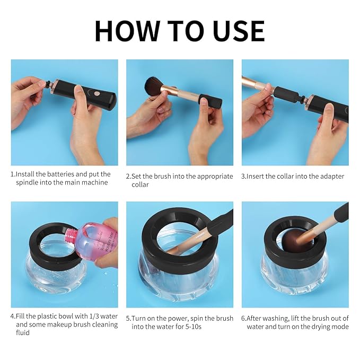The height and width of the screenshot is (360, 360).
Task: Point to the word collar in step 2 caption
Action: [141, 185]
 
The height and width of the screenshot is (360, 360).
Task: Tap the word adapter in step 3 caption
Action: [329, 176]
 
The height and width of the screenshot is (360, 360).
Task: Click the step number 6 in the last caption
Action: [244, 318]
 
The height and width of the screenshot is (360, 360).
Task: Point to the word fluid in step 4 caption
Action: [24, 333]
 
